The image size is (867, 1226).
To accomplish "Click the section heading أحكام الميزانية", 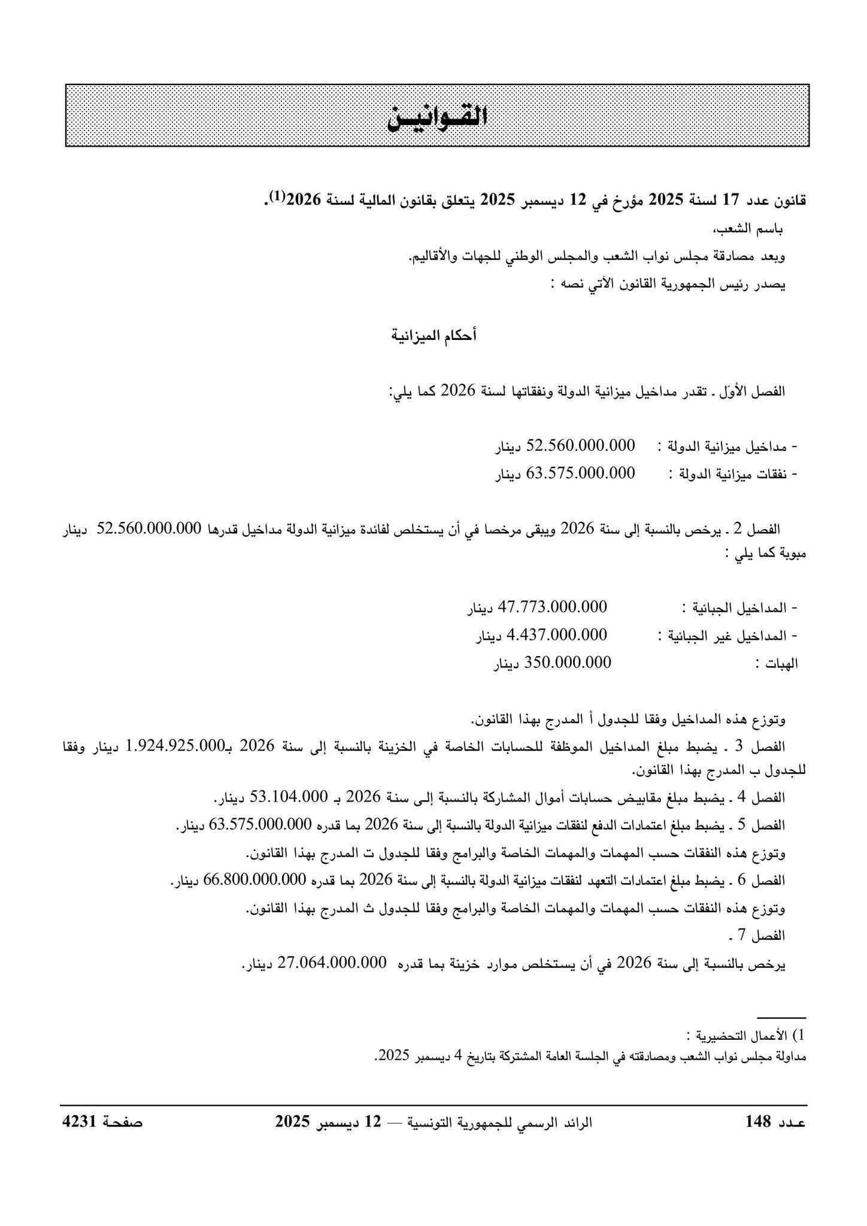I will click(x=433, y=336).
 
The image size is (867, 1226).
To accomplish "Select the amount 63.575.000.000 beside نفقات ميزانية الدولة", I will click(x=580, y=474).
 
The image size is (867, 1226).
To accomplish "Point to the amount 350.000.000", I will click(x=568, y=663).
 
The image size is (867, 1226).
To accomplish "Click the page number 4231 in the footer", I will click(x=80, y=1121).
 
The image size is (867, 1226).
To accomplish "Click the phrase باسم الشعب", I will click(x=756, y=229).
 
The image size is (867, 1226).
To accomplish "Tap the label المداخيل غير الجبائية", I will click(x=730, y=635).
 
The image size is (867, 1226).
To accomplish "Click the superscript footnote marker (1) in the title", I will click(x=277, y=196).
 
